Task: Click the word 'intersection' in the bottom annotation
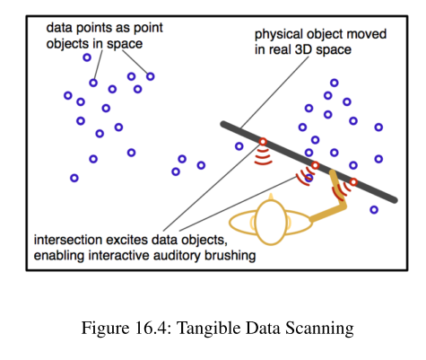tap(68, 240)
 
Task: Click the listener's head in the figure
tap(271, 223)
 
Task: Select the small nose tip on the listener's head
tap(271, 196)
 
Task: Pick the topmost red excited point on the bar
tap(263, 142)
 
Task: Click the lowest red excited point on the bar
tap(353, 182)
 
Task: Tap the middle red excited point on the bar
tap(315, 165)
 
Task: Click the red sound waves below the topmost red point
tap(263, 156)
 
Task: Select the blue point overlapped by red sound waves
tap(309, 179)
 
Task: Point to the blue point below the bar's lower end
tap(374, 210)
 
